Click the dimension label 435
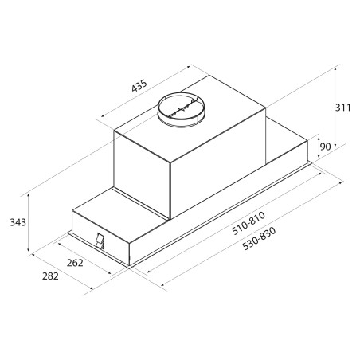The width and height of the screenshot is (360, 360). [x=139, y=85]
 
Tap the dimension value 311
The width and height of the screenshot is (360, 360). [x=342, y=108]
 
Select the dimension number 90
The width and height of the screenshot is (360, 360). [x=325, y=147]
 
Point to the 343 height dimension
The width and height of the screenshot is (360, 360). [x=18, y=222]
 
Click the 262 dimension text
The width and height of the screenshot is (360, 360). [x=75, y=263]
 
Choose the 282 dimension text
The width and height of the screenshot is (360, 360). [x=50, y=276]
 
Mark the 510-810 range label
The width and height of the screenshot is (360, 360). [x=248, y=223]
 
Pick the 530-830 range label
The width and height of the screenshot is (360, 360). [x=260, y=238]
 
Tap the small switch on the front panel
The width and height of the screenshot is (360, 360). [x=100, y=241]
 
